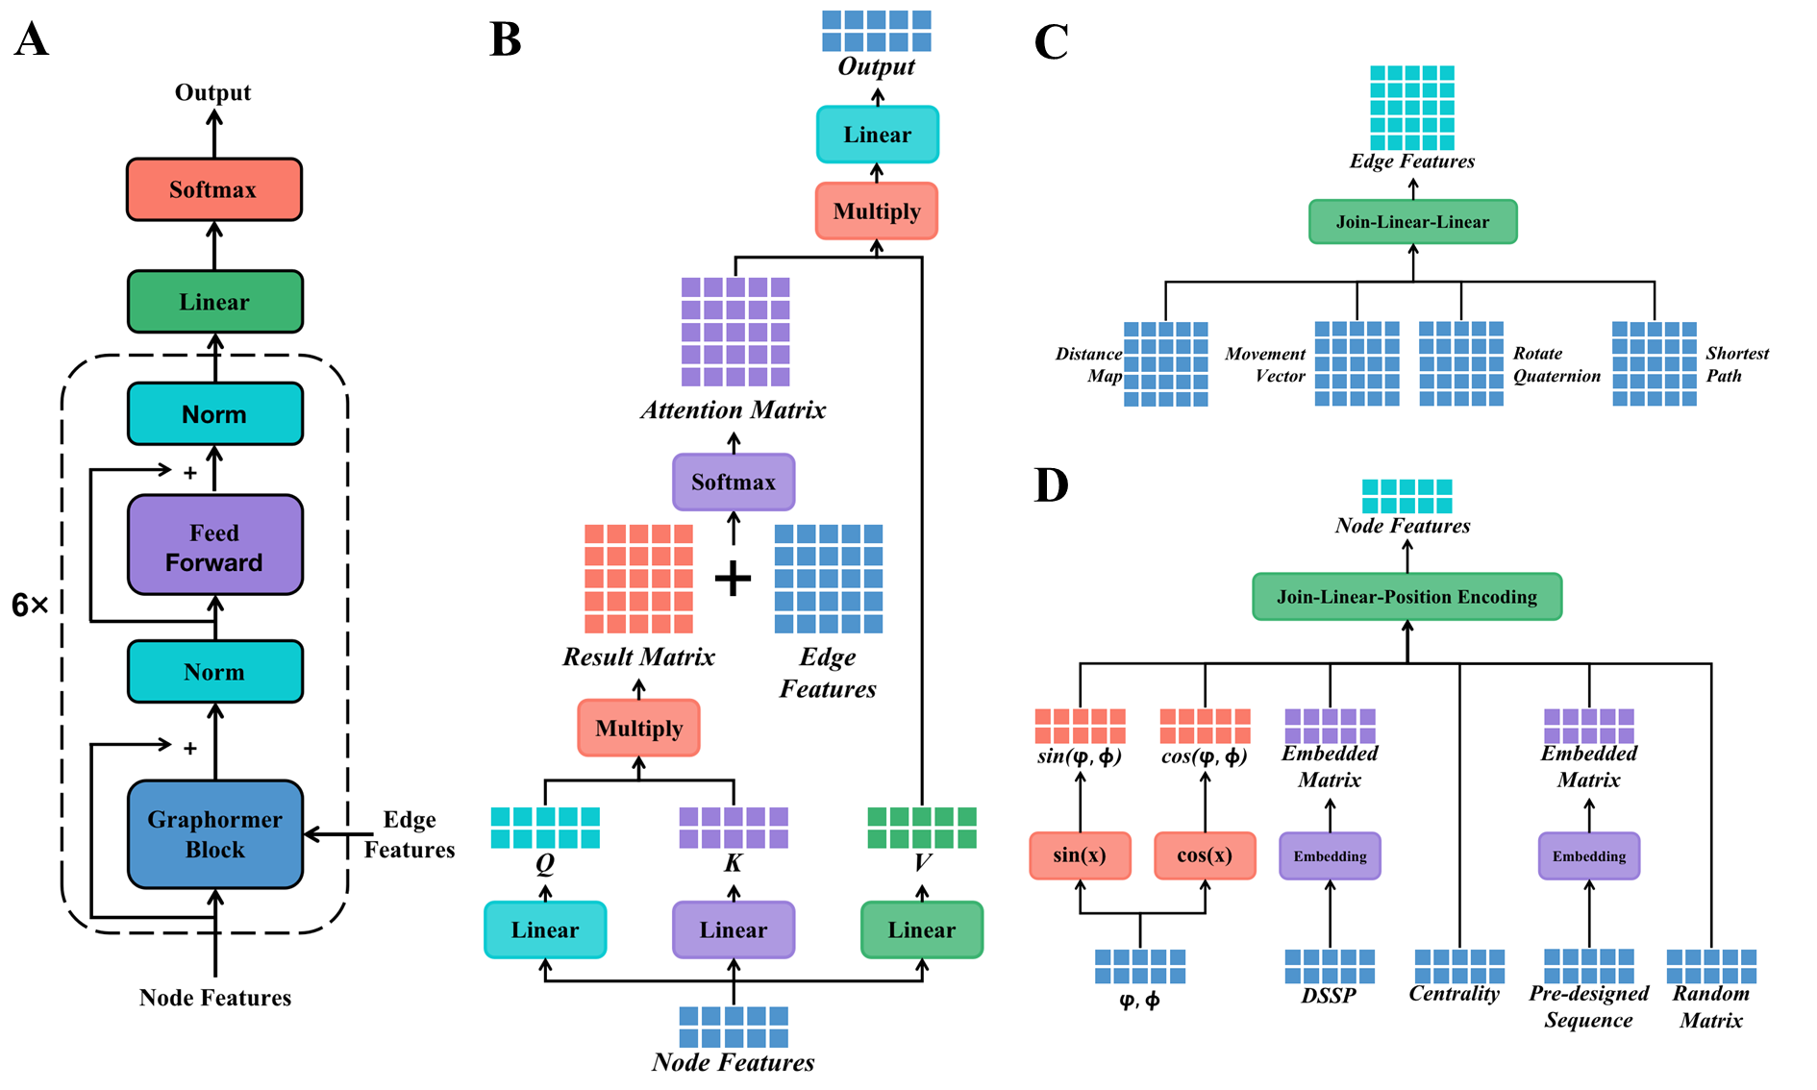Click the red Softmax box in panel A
[214, 189]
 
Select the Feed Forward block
[214, 546]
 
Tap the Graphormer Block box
[214, 833]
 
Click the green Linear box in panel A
[214, 302]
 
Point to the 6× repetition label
[30, 605]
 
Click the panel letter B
[506, 40]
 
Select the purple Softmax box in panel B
[734, 482]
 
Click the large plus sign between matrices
[734, 578]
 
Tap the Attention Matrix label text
[734, 410]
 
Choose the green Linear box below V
[922, 929]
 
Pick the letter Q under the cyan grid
[545, 863]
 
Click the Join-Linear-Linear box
[1412, 222]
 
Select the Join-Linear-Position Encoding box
[1406, 597]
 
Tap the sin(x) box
[1080, 855]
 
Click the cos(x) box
[1205, 855]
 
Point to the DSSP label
[1329, 996]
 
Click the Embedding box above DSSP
[1330, 855]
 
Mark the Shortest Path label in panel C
[1736, 364]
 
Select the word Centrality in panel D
[1454, 994]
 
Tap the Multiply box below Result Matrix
[638, 728]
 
